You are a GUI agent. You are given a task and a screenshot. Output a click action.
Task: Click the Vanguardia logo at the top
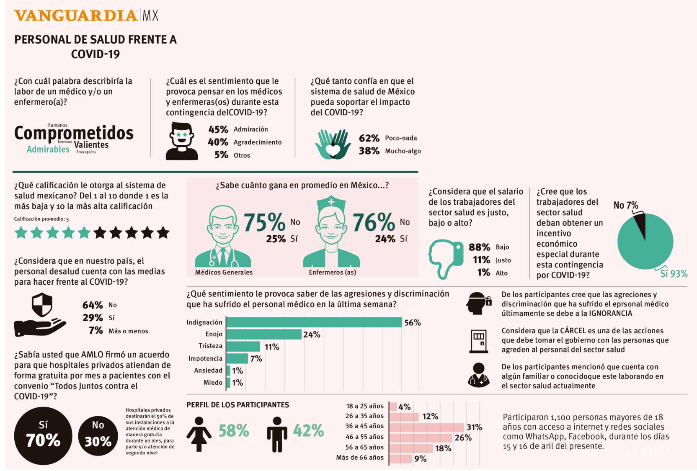[x=86, y=16]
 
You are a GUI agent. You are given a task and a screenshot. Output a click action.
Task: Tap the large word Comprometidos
[x=74, y=133]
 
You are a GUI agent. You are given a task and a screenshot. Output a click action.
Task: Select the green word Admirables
[x=48, y=149]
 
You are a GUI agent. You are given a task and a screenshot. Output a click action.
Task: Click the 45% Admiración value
[x=218, y=129]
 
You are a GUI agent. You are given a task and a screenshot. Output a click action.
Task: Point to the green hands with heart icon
[x=333, y=144]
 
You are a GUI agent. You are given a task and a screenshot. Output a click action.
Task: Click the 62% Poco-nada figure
[x=369, y=138]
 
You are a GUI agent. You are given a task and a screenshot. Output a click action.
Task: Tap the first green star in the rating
[x=21, y=232]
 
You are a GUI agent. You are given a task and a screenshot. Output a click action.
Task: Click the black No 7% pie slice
[x=640, y=225]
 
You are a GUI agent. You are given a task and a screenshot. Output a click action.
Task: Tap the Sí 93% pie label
[x=674, y=274]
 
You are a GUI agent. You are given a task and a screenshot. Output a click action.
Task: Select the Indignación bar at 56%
[x=314, y=322]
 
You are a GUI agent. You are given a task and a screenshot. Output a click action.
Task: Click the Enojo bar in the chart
[x=264, y=334]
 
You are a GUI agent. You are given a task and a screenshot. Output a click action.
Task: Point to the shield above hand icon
[x=42, y=305]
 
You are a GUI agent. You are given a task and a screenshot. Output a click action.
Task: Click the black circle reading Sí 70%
[x=43, y=436]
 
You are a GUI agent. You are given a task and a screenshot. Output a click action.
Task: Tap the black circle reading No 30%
[x=98, y=436]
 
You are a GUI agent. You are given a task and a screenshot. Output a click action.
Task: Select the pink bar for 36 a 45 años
[x=426, y=427]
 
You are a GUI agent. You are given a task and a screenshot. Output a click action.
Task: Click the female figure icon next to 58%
[x=199, y=434]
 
